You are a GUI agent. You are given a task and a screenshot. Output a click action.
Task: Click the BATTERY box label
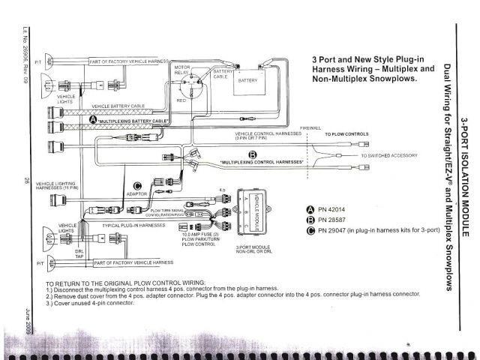[247, 79]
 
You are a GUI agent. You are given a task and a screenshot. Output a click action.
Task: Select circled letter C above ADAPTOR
[137, 186]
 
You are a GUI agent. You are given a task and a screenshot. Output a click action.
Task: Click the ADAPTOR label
[136, 194]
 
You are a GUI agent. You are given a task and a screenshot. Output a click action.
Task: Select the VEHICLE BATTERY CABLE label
[127, 106]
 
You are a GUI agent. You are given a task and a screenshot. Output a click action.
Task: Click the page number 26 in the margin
[26, 180]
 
